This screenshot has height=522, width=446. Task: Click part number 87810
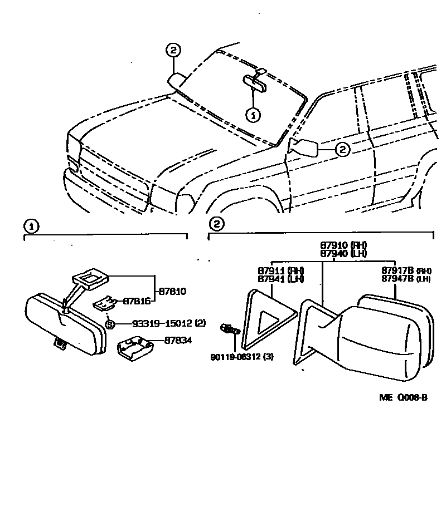coord(172,291)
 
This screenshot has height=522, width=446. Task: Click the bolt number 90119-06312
coord(242,357)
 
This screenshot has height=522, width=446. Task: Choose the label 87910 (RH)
coord(344,245)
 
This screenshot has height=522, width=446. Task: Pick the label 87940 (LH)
coord(343,253)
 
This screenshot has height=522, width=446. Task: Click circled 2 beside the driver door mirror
coord(342,149)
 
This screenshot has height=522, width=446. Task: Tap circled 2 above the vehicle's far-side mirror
coord(173,50)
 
